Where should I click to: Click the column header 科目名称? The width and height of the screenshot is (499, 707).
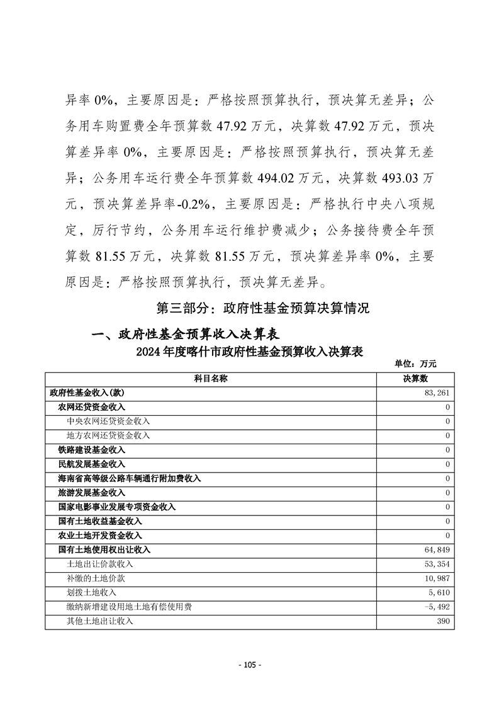point(210,378)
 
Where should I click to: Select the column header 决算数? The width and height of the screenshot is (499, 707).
point(415,378)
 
